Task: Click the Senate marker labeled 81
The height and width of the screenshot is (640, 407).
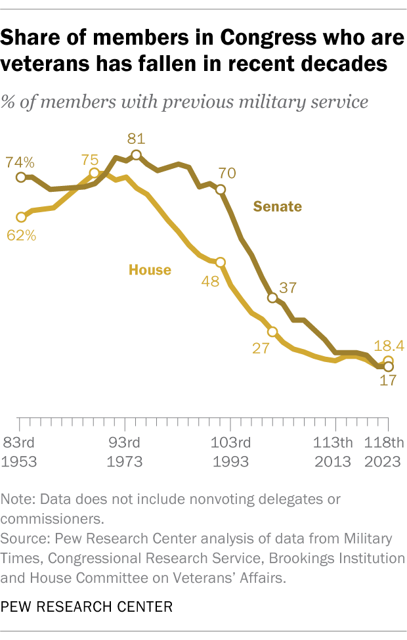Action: pos(136,155)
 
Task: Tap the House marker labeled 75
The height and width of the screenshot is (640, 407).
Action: pos(94,173)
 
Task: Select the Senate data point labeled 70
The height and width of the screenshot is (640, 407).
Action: pos(220,190)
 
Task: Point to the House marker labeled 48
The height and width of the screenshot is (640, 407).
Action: pos(220,262)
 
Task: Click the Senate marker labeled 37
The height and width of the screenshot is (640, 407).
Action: pos(272,298)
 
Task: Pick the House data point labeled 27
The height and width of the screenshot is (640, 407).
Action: pos(272,332)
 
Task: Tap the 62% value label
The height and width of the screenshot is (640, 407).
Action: pos(21,234)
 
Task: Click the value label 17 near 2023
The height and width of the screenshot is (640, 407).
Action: pos(388,380)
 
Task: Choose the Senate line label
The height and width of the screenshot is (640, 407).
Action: pos(278,206)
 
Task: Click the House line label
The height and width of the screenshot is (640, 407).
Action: pos(150,269)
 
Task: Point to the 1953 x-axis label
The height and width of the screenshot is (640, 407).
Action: pos(19,461)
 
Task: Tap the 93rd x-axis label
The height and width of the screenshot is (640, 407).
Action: pos(124,441)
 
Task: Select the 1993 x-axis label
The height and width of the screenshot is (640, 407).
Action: pos(230,461)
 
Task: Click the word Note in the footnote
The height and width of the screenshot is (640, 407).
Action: pos(18,499)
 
